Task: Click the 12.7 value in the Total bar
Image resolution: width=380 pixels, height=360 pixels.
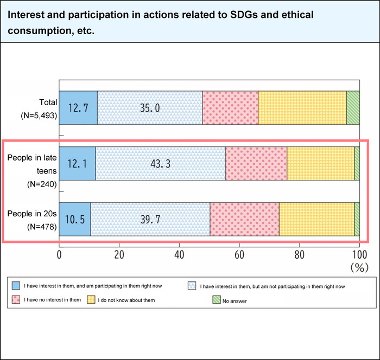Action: tap(78, 108)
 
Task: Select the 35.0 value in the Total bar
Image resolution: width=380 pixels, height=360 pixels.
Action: tap(149, 108)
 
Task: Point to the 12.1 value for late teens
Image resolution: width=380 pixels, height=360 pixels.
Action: tap(77, 164)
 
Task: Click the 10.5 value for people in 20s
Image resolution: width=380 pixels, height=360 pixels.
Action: tap(74, 220)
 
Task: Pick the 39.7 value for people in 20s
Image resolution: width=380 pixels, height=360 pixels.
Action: tap(150, 220)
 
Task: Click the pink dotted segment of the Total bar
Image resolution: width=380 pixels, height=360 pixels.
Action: tap(230, 108)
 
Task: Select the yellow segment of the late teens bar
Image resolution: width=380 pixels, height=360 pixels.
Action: tap(320, 164)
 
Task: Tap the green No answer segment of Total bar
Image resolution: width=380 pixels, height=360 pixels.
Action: tap(353, 108)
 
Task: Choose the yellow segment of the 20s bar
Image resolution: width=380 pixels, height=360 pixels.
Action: tap(316, 220)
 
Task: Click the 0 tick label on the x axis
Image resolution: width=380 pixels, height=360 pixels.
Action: tap(59, 253)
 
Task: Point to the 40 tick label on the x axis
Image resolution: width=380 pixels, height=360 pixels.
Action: tap(179, 253)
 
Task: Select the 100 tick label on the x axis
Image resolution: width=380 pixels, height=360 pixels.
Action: tap(358, 253)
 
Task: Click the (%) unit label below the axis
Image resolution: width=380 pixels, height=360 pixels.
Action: tap(359, 267)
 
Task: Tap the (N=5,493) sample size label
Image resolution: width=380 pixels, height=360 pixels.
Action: tap(36, 114)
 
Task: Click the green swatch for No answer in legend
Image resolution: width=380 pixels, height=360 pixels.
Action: tap(217, 299)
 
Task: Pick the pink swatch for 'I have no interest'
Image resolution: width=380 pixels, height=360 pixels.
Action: tap(15, 299)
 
